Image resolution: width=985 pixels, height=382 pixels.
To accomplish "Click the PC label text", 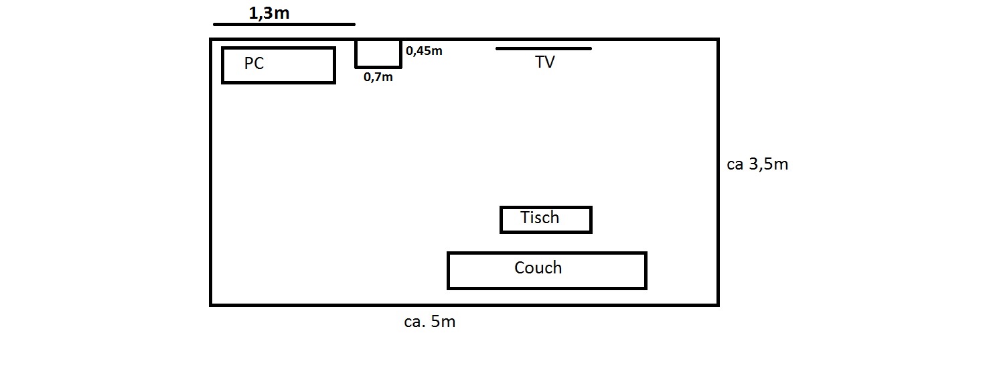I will tap(254, 64).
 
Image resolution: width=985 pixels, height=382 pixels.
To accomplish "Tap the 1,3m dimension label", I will tap(269, 12).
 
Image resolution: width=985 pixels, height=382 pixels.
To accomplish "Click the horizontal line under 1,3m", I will tap(284, 25).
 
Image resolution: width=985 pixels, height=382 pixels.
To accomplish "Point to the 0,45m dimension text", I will tap(424, 50).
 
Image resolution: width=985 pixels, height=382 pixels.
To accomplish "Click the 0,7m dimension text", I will tap(378, 77).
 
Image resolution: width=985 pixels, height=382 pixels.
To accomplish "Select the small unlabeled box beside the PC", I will tap(378, 54).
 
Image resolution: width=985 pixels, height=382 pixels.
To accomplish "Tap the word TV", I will tap(545, 62).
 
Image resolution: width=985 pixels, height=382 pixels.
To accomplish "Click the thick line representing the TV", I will tap(543, 48).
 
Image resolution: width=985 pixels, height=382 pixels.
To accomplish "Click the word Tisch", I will tap(540, 217).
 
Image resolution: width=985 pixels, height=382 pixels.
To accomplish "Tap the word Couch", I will tap(538, 268).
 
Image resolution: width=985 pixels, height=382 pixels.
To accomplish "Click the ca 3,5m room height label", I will tap(757, 164).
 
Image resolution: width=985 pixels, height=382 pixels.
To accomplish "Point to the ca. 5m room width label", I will tap(429, 322).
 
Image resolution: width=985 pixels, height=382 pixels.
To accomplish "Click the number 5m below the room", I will tap(443, 322).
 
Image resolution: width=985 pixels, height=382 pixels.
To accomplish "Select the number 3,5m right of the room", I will tap(768, 164).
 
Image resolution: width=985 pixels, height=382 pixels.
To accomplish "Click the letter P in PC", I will tap(248, 64).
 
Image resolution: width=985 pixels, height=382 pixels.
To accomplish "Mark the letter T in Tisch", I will tap(526, 217).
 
